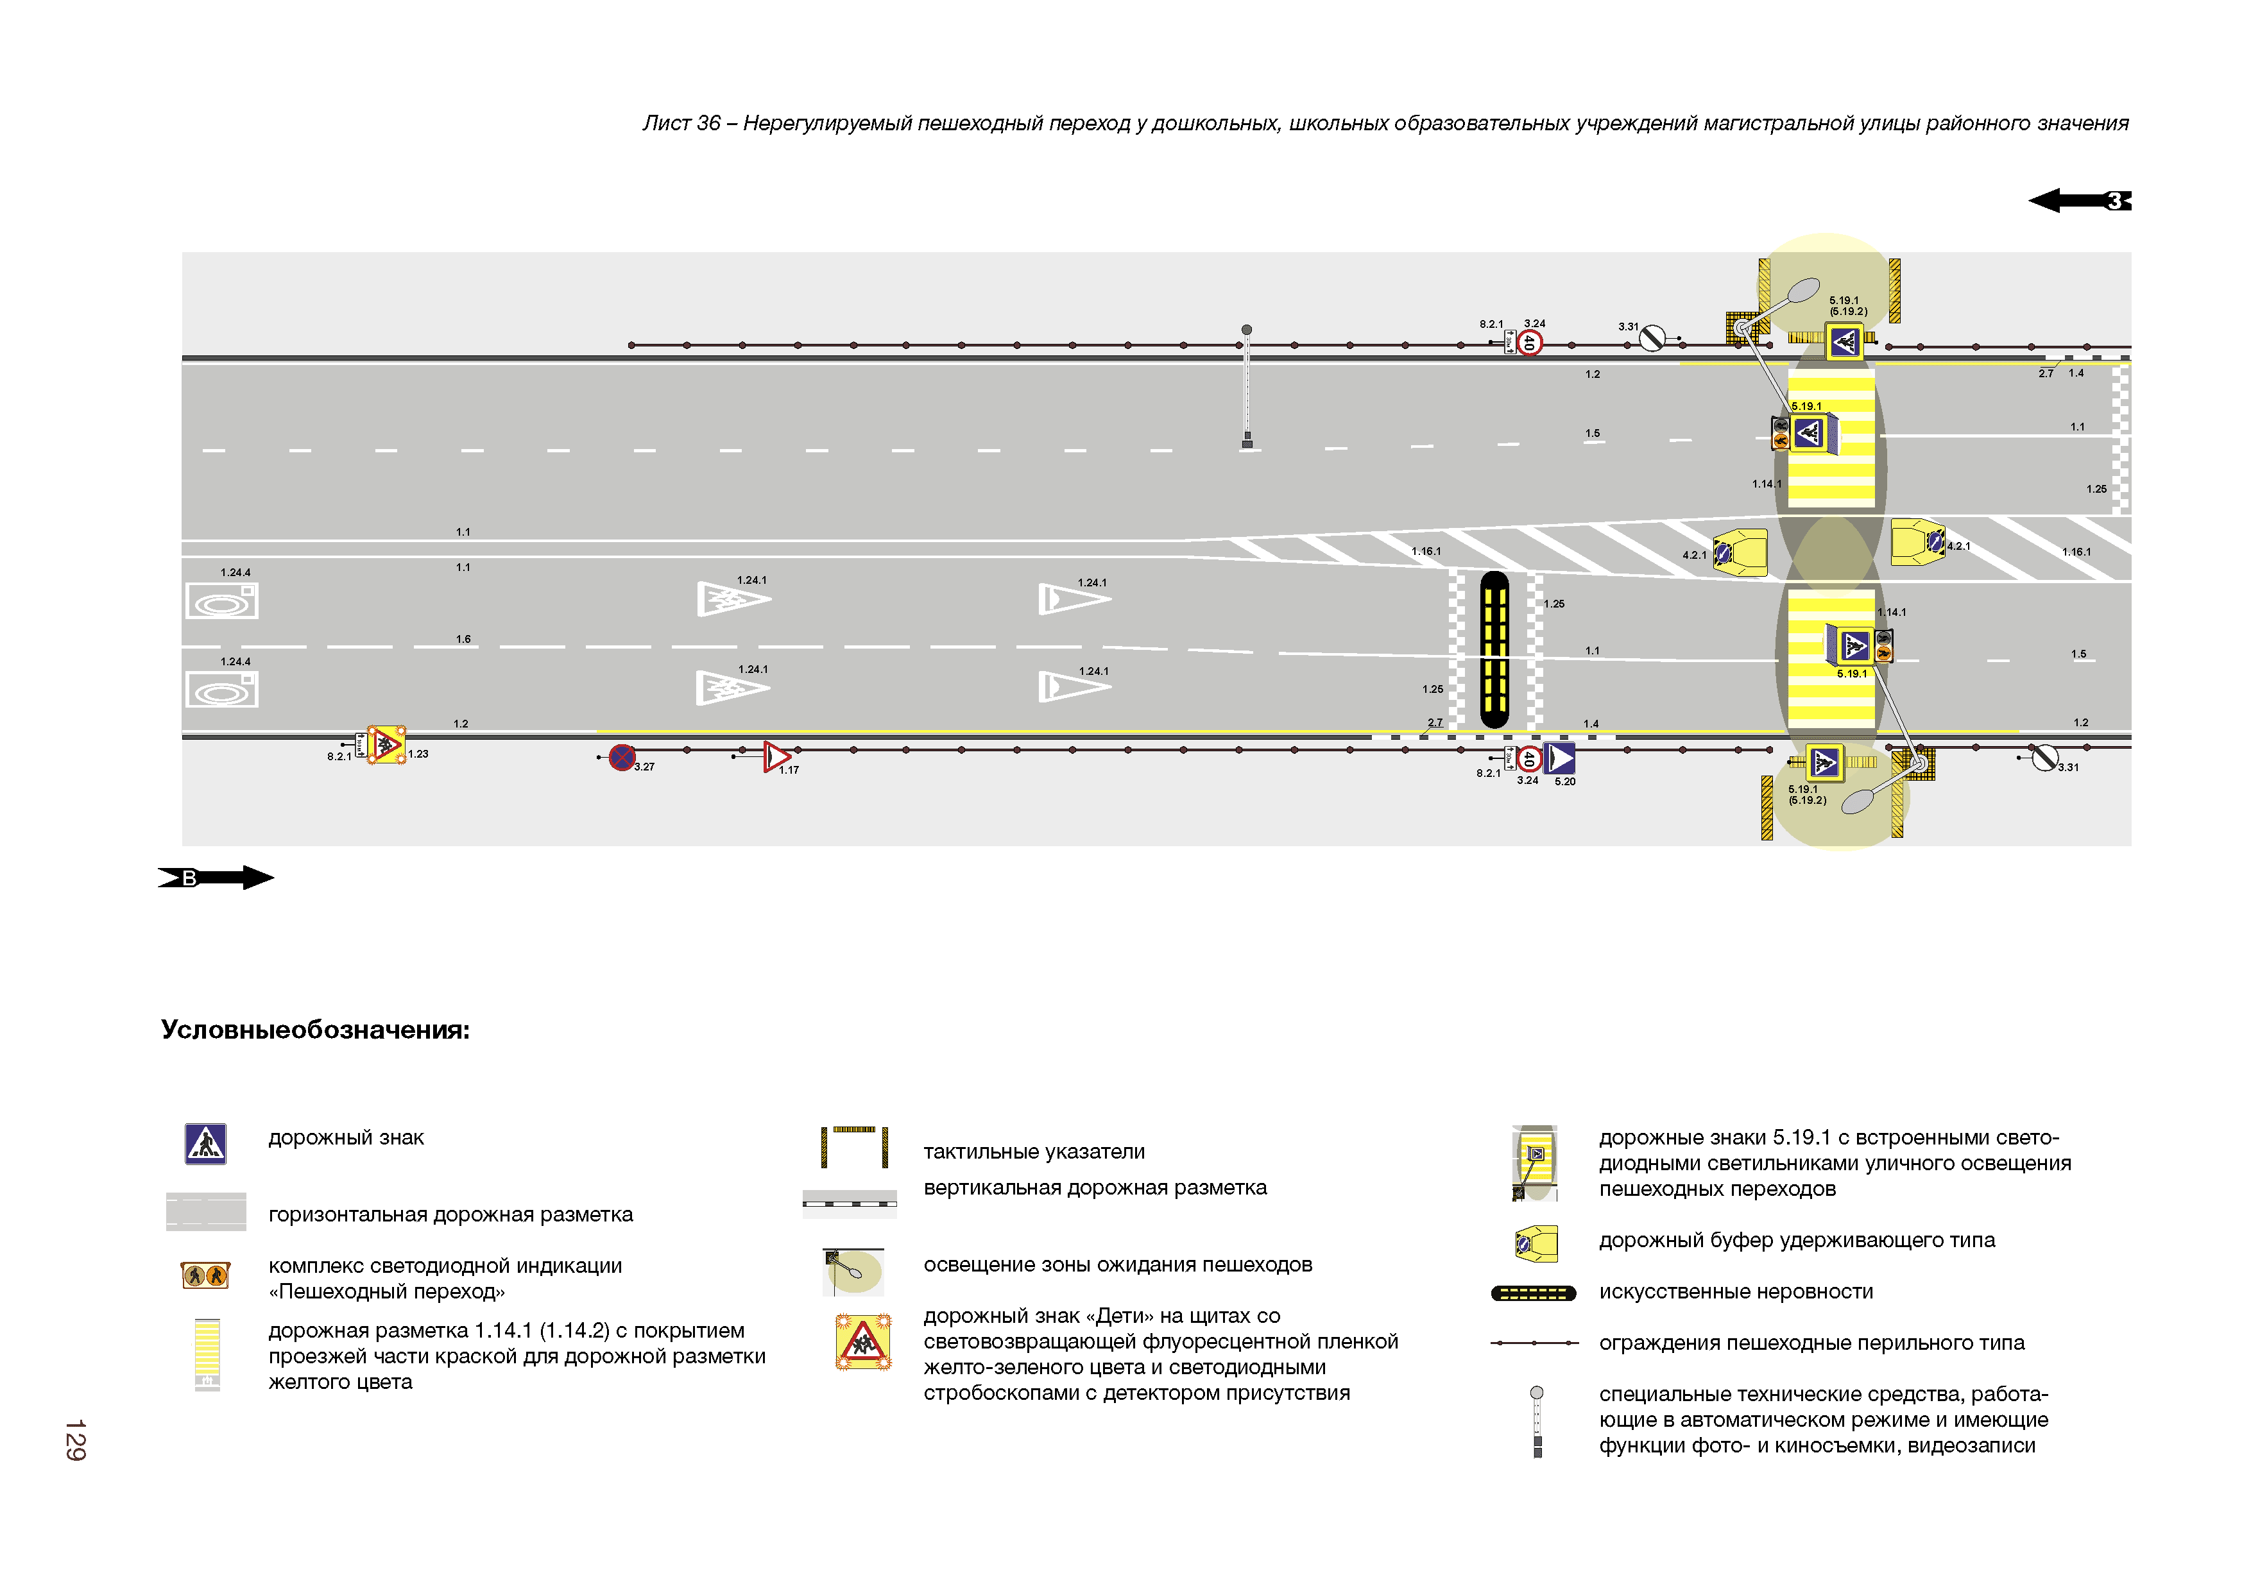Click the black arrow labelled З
tap(2078, 201)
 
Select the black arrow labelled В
tap(216, 878)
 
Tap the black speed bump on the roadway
tap(1494, 649)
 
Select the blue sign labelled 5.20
tap(1560, 758)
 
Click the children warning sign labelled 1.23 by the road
tap(386, 745)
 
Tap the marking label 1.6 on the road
tap(463, 639)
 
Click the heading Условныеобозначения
tap(314, 1030)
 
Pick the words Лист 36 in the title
tap(681, 124)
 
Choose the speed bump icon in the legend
tap(1534, 1293)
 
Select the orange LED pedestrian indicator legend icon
tap(205, 1275)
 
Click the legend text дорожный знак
tap(346, 1138)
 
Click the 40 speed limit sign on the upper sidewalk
tap(1529, 342)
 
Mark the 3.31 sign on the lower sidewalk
tap(2044, 757)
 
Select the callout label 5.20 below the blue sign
tap(1564, 781)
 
